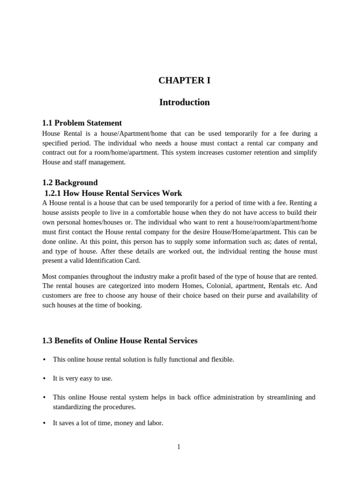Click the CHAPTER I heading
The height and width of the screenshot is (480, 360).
(184, 80)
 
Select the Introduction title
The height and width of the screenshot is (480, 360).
(184, 102)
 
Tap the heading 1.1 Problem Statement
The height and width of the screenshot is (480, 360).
(82, 123)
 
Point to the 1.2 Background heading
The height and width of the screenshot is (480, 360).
(70, 182)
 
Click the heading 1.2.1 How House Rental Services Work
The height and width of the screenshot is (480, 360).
(113, 193)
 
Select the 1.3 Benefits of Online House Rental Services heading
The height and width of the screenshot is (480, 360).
(120, 340)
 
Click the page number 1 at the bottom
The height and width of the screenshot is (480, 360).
(179, 447)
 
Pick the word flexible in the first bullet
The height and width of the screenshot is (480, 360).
(221, 359)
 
